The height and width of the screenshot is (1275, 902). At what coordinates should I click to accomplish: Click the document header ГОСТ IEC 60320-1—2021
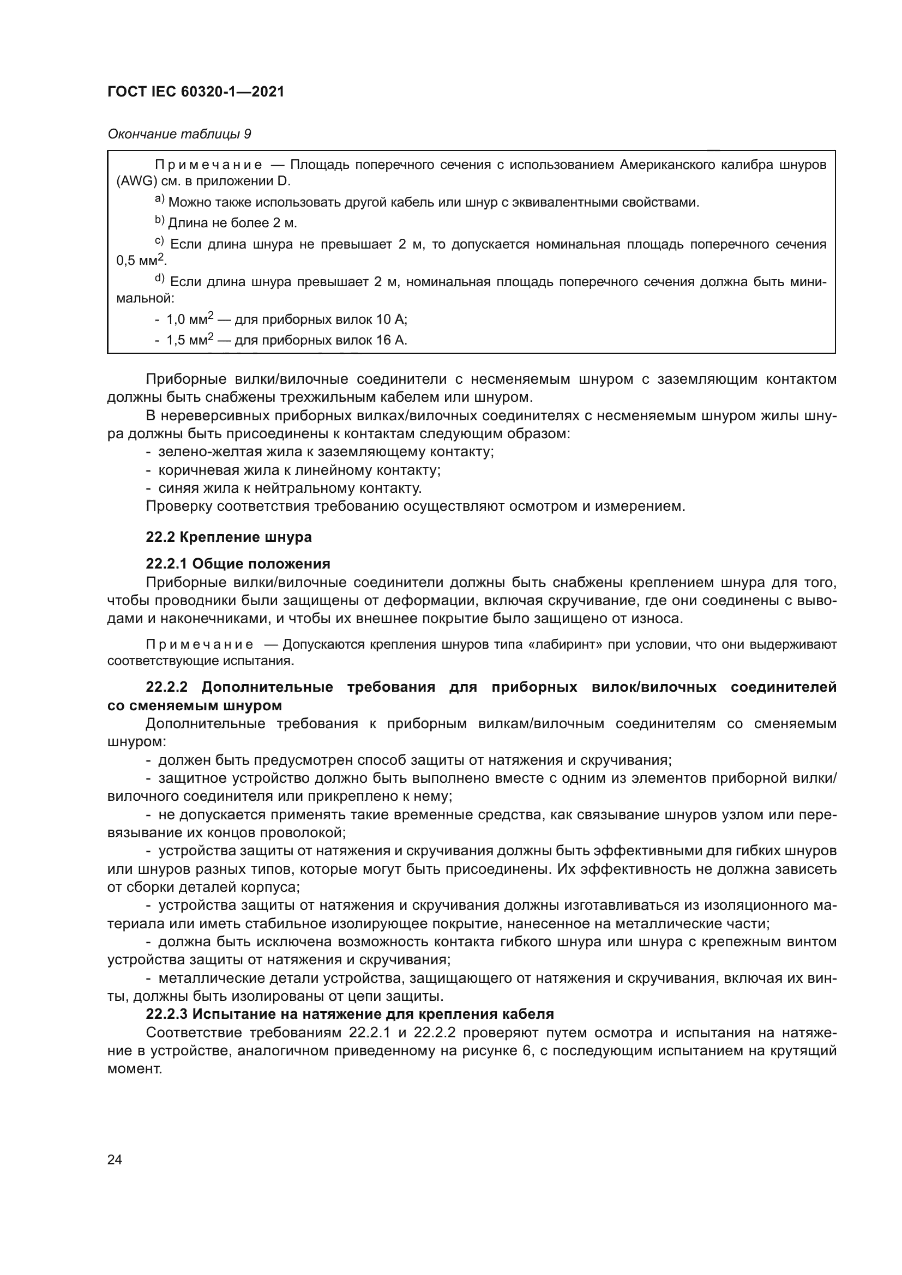(196, 92)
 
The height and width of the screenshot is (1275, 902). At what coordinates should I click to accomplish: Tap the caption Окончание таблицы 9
(179, 135)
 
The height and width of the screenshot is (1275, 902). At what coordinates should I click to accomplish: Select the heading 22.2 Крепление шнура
(228, 537)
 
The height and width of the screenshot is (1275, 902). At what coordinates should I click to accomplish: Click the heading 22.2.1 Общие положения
(238, 564)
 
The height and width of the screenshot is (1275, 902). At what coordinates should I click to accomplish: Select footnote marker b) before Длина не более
(159, 221)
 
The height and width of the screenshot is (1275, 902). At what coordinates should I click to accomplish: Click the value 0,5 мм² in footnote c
(141, 260)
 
